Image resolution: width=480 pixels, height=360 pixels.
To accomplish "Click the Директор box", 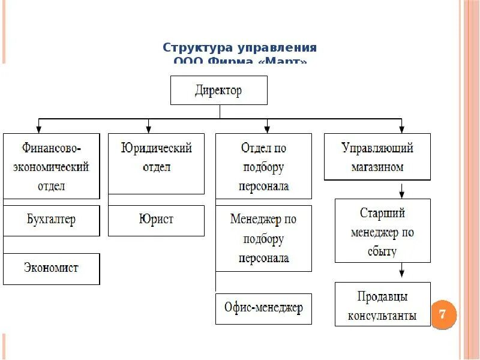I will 219,91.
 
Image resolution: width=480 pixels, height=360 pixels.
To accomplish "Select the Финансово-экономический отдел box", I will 51,166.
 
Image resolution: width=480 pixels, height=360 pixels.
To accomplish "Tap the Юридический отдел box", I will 156,163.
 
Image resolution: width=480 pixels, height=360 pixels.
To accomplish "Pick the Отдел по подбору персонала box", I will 264,166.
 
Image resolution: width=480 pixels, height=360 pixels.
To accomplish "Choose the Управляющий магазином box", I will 377,157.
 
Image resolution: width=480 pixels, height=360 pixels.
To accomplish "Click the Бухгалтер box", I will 51,220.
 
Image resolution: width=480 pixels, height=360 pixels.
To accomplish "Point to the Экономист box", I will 51,268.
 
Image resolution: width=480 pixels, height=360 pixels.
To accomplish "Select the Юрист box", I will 156,220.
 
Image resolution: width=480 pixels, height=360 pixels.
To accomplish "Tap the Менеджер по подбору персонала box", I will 264,238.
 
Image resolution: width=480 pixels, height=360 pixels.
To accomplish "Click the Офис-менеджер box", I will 264,308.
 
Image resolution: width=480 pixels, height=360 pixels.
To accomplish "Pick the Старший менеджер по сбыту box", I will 382,231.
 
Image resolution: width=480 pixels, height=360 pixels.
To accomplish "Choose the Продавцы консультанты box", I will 382,305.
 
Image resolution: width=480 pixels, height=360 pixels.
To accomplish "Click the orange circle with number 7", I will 443,314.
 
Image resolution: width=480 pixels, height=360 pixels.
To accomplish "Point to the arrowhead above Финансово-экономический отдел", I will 39,128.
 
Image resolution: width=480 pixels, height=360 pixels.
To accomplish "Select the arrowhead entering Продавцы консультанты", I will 402,277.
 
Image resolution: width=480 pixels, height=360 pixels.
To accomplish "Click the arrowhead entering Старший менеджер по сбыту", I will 402,194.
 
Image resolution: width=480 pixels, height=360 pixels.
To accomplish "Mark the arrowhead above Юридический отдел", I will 148,128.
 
